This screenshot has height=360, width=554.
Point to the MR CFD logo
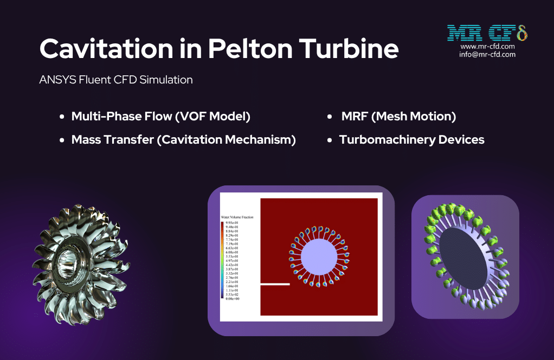[487, 34]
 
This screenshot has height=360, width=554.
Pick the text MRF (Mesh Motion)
[398, 117]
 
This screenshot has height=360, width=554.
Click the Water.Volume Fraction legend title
[237, 217]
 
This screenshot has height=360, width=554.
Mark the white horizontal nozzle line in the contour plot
[275, 284]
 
